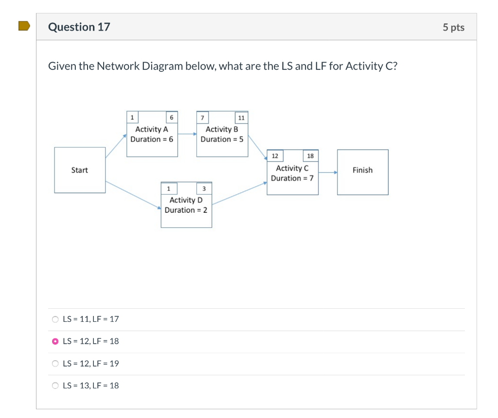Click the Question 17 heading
(x=79, y=27)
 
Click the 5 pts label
(x=453, y=27)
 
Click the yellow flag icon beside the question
(x=24, y=26)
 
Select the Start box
(x=80, y=170)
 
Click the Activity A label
(x=151, y=129)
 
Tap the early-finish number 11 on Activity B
(x=241, y=117)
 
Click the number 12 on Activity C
(x=275, y=156)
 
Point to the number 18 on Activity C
(x=310, y=156)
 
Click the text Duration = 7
(x=292, y=178)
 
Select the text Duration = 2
(x=186, y=210)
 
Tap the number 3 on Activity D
(x=204, y=188)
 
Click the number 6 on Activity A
(x=171, y=117)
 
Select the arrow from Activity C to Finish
(x=328, y=172)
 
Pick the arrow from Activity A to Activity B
(x=187, y=134)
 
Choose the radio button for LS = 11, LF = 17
(x=55, y=319)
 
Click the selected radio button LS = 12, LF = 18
(x=55, y=341)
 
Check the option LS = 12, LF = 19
(x=55, y=364)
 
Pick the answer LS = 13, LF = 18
(x=55, y=386)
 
